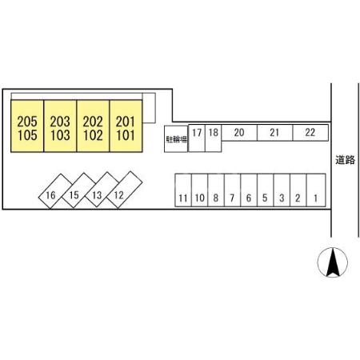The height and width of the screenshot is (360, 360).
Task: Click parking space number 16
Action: (x=55, y=191)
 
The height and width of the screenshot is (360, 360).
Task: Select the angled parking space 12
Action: (x=124, y=190)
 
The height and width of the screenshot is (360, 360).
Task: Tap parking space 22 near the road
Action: (x=310, y=133)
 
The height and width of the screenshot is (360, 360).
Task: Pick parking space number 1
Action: (x=316, y=190)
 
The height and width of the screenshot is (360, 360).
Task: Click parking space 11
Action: (x=183, y=190)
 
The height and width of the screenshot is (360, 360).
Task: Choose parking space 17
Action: (x=197, y=138)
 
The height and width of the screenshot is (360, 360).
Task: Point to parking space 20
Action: (x=239, y=133)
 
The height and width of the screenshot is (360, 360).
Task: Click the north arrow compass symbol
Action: (x=333, y=262)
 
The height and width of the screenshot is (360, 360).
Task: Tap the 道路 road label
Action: (x=345, y=160)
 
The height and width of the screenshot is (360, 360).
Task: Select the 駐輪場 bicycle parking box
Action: (x=176, y=139)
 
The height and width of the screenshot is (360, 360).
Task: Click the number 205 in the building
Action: (x=27, y=122)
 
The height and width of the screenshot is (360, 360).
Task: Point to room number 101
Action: (x=126, y=135)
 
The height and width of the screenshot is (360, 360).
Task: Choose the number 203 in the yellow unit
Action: (x=60, y=122)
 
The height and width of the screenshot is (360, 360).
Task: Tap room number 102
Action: (x=93, y=135)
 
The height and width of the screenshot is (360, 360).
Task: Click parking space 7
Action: (x=232, y=190)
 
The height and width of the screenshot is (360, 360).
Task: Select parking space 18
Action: (x=214, y=138)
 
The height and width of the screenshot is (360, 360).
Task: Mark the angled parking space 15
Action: (x=78, y=190)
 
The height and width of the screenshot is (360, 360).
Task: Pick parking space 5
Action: (x=266, y=190)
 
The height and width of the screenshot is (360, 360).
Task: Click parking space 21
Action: (x=275, y=133)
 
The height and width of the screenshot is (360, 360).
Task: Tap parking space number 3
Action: (x=282, y=190)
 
